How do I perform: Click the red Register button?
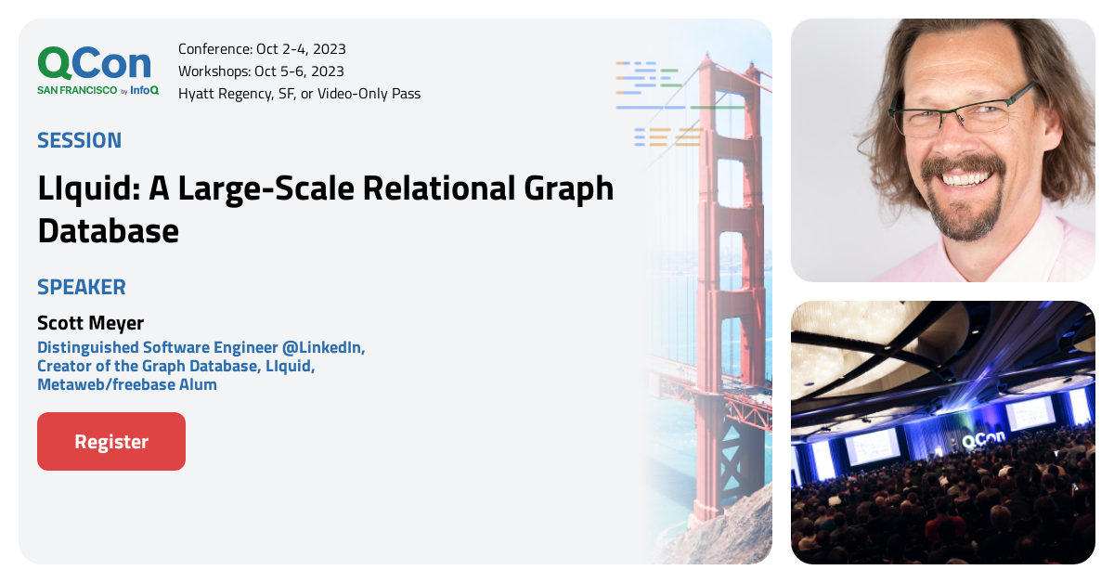point(111,441)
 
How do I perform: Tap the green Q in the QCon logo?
point(55,63)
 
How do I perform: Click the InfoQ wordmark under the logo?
point(144,90)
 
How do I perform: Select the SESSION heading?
point(80,140)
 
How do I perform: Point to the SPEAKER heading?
point(82,287)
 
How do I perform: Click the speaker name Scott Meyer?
point(91,323)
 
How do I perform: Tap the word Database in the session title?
point(109,231)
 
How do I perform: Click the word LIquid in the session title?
point(89,189)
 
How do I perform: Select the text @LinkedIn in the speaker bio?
point(323,347)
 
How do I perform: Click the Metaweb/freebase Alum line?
point(127,384)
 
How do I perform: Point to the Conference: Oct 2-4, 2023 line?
point(262,49)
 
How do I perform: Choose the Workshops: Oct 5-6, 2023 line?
point(261,71)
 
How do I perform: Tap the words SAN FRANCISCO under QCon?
point(77,90)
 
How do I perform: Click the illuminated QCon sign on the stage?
point(984,438)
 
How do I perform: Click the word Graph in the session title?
point(569,189)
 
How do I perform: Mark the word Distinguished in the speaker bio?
point(88,347)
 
